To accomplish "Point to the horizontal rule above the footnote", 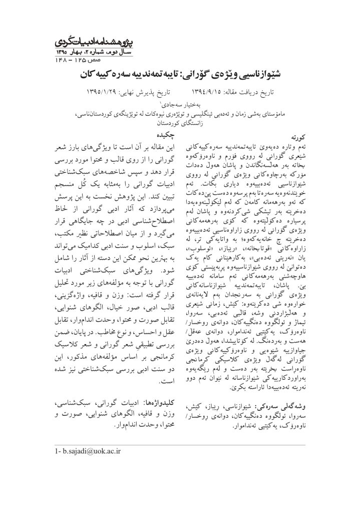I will tap(180, 444).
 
